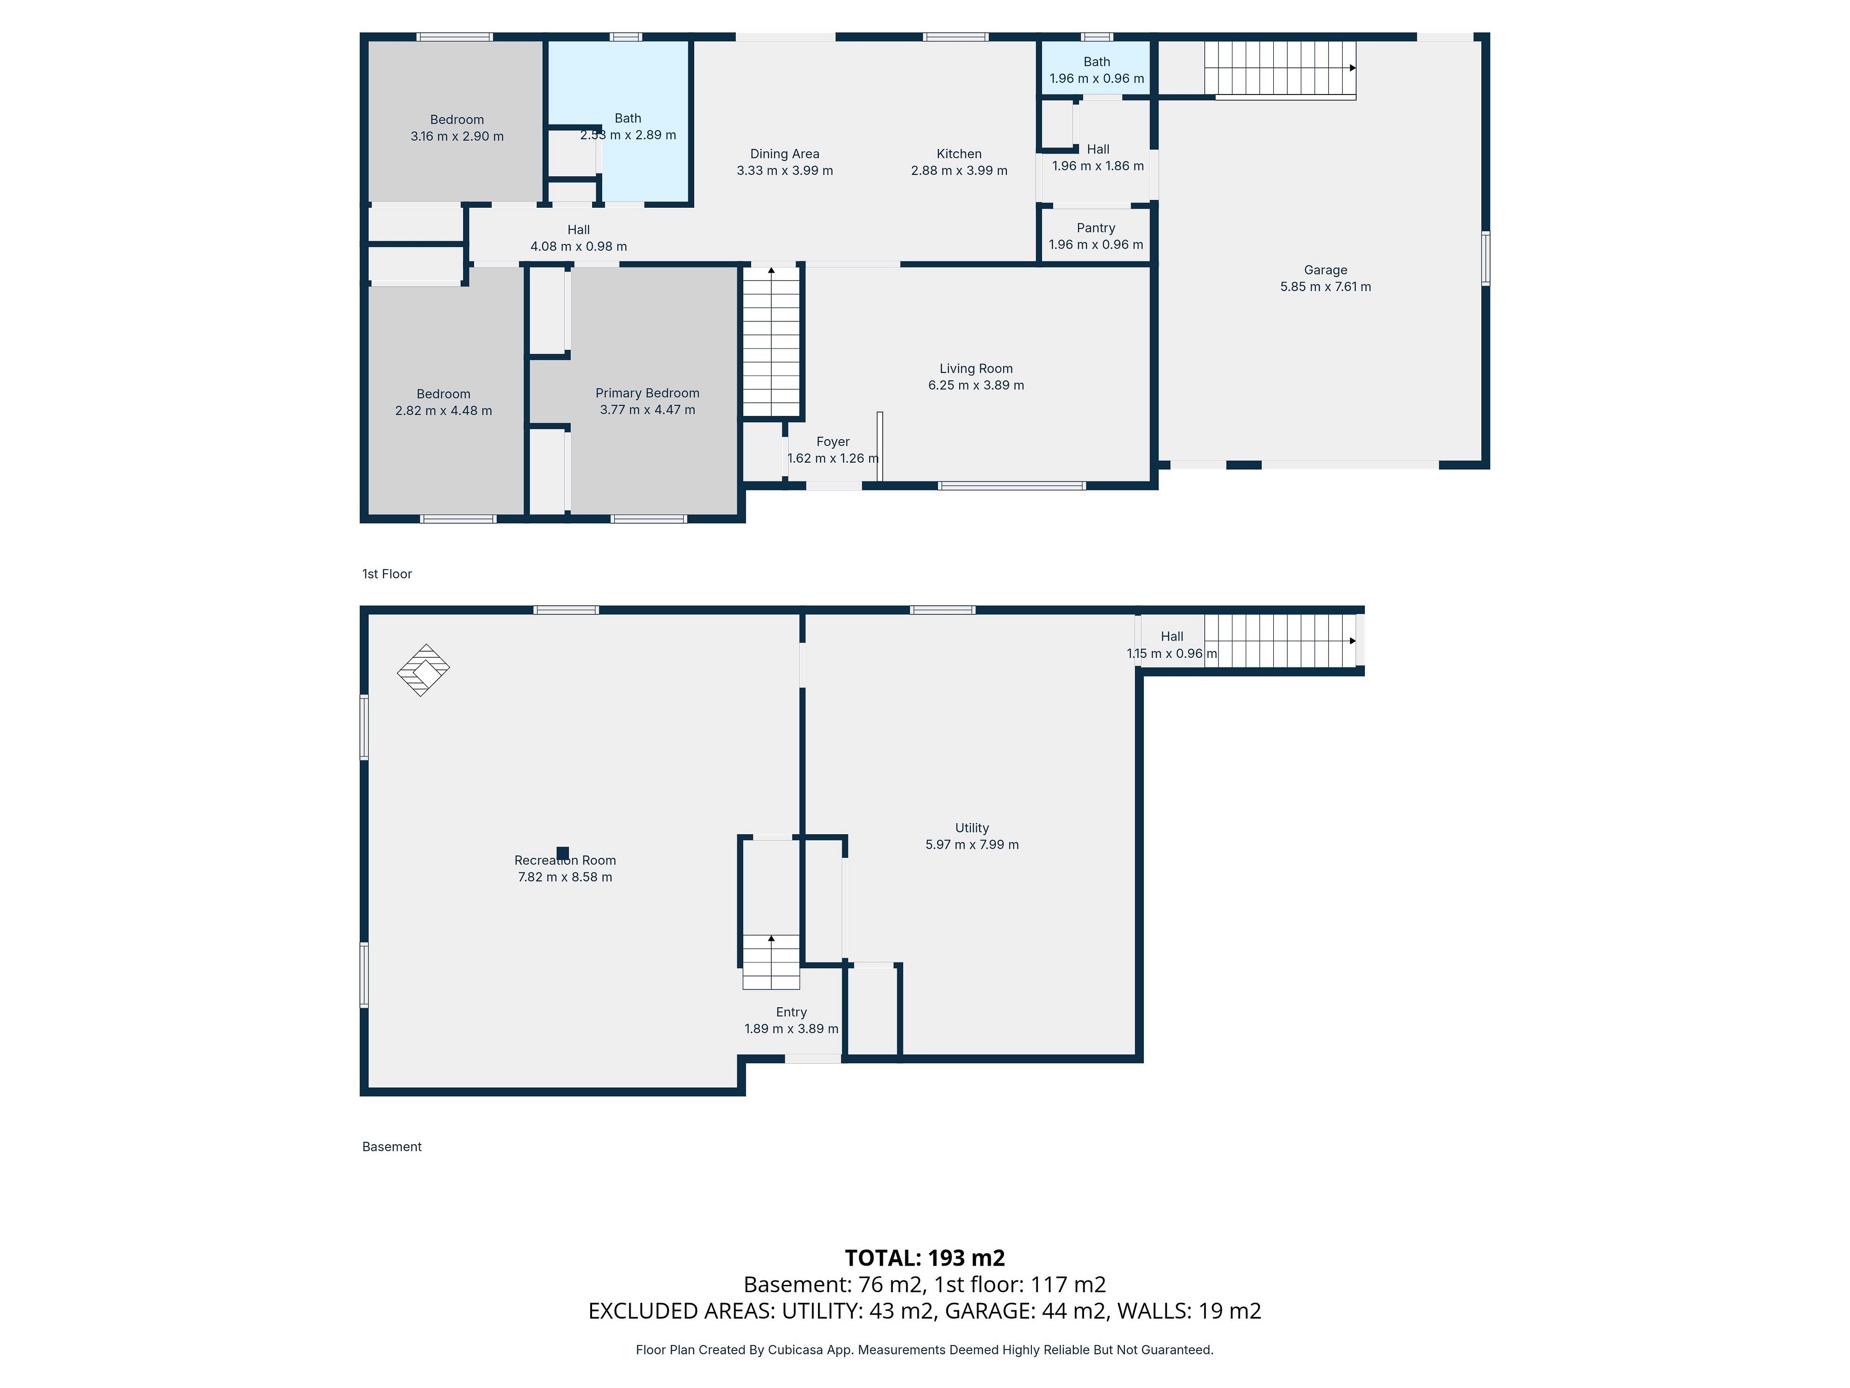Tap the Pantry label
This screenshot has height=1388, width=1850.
(x=1096, y=228)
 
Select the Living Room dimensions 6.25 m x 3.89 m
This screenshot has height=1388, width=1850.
(x=976, y=386)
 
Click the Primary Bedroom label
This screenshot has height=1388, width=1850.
(x=647, y=393)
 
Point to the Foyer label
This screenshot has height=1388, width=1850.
(x=833, y=442)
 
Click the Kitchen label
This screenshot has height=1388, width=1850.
(x=959, y=154)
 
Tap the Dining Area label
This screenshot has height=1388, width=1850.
(x=784, y=154)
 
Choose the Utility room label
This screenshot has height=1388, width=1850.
(x=972, y=828)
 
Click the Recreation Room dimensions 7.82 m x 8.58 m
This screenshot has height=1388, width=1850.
(x=566, y=878)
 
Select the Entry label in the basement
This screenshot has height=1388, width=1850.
(x=791, y=1013)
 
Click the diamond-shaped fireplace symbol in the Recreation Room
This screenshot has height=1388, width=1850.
(x=423, y=670)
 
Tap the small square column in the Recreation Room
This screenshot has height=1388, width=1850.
(x=563, y=854)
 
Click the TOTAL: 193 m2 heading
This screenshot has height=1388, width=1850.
(x=925, y=1258)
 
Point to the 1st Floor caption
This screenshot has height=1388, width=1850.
(x=387, y=574)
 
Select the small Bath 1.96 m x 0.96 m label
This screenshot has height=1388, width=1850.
(x=1097, y=70)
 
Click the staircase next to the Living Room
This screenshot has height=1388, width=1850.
(x=772, y=341)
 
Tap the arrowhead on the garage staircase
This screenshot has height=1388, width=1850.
(x=1352, y=68)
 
